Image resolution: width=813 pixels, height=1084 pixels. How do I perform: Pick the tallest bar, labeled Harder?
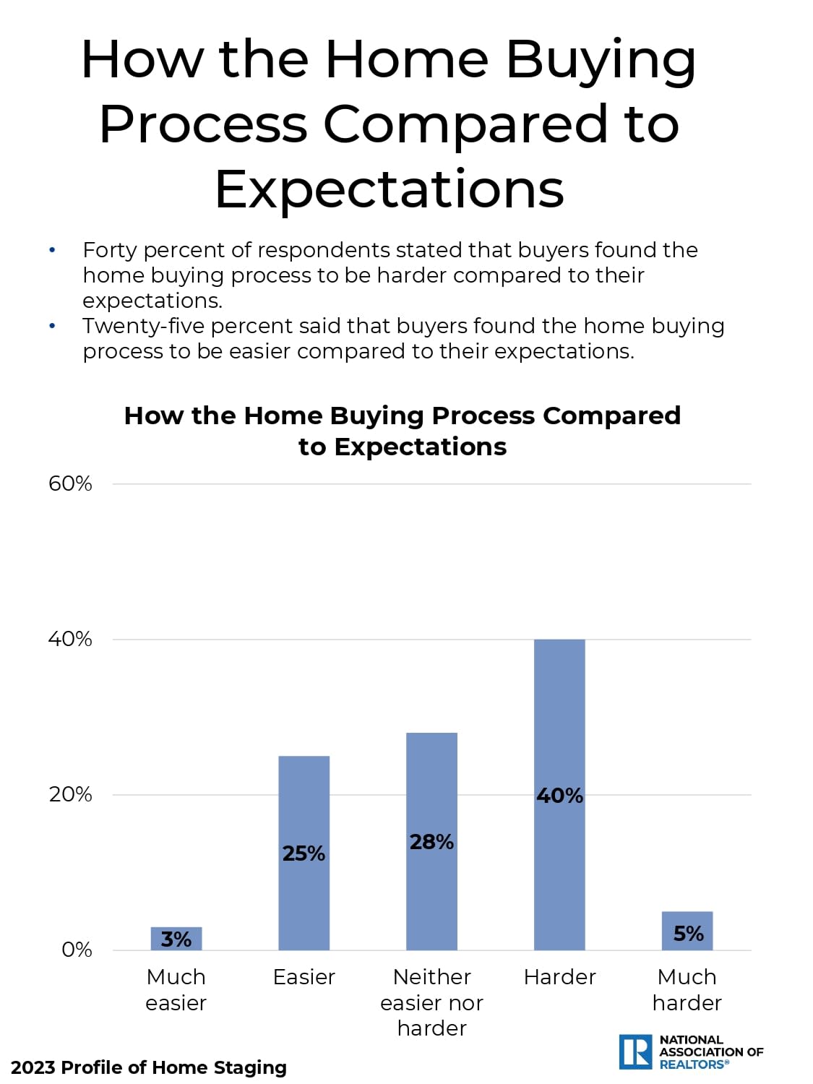point(560,795)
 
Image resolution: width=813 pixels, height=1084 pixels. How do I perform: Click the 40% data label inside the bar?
point(560,796)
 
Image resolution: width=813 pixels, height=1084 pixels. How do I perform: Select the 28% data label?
point(432,842)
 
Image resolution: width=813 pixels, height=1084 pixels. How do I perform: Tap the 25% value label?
point(304,853)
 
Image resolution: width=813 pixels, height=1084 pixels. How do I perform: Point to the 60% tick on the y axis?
point(70,484)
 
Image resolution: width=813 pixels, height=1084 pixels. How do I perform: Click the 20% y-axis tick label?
point(70,795)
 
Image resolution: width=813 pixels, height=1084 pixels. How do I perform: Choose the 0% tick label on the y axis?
point(77,950)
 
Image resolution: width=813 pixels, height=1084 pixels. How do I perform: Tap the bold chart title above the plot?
point(403,431)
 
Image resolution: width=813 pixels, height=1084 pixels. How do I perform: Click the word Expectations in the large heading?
point(390,191)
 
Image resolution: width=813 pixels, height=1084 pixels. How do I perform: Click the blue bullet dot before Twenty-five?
point(52,326)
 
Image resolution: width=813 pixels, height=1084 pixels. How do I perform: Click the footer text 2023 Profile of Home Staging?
point(149,1067)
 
